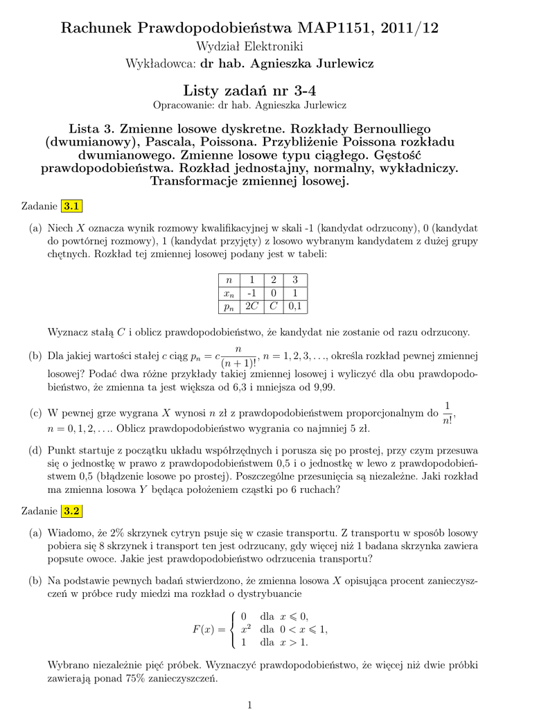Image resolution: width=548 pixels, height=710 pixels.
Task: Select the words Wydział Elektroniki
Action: tap(249, 46)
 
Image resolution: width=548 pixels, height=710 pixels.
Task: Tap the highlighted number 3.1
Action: tap(72, 205)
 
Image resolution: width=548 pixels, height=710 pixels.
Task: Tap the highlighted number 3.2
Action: tap(72, 512)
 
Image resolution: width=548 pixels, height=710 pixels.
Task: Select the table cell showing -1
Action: tap(251, 292)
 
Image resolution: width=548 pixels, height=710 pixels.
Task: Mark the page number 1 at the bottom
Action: tap(249, 704)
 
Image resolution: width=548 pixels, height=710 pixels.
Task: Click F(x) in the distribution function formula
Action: tap(203, 629)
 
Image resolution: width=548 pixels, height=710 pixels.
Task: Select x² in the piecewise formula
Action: tap(245, 629)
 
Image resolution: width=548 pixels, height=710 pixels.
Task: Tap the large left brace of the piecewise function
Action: tap(231, 629)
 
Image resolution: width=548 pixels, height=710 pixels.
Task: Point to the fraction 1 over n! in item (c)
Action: tap(447, 413)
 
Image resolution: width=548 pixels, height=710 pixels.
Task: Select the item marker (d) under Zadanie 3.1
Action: tap(35, 451)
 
